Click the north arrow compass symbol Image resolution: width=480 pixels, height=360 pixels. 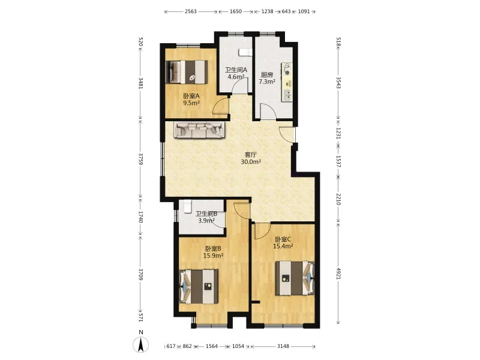140,344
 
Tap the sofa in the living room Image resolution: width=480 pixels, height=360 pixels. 200,130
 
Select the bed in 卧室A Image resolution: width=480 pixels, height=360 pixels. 187,71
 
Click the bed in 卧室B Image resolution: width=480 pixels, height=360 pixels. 199,287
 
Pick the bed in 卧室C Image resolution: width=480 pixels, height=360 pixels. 295,278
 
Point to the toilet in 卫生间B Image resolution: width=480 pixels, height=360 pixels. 187,206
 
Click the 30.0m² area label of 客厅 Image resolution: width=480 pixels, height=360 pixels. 251,162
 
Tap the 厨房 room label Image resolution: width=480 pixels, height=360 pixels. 267,74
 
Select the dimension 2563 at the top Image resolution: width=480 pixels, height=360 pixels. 190,11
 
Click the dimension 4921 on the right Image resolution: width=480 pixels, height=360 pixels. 338,274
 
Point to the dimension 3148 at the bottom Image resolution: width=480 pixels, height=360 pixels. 283,346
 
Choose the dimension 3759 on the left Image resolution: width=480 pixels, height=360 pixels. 140,159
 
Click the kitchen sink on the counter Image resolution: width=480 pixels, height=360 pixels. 287,95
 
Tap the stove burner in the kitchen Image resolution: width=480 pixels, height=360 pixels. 287,70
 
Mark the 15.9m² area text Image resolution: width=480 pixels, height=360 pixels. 213,256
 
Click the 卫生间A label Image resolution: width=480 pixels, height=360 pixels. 236,70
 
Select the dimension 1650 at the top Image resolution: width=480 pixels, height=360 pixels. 236,11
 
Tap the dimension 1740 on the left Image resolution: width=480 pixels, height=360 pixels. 140,217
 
